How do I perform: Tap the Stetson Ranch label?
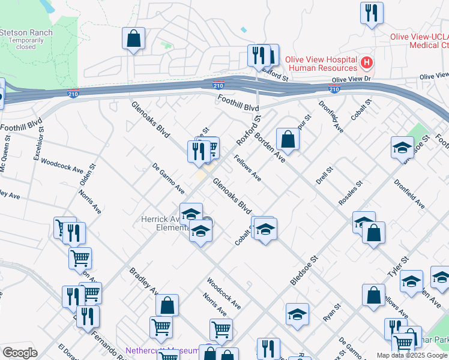[x=26, y=32]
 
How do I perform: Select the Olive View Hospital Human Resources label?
[x=321, y=64]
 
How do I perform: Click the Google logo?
[x=20, y=353]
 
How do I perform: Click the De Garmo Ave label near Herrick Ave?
[x=168, y=178]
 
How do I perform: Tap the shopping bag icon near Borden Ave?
[x=288, y=139]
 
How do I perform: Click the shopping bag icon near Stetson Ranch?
[x=133, y=38]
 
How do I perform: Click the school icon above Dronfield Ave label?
[x=402, y=148]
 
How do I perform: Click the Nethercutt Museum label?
[x=162, y=350]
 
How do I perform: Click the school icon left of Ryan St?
[x=297, y=314]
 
